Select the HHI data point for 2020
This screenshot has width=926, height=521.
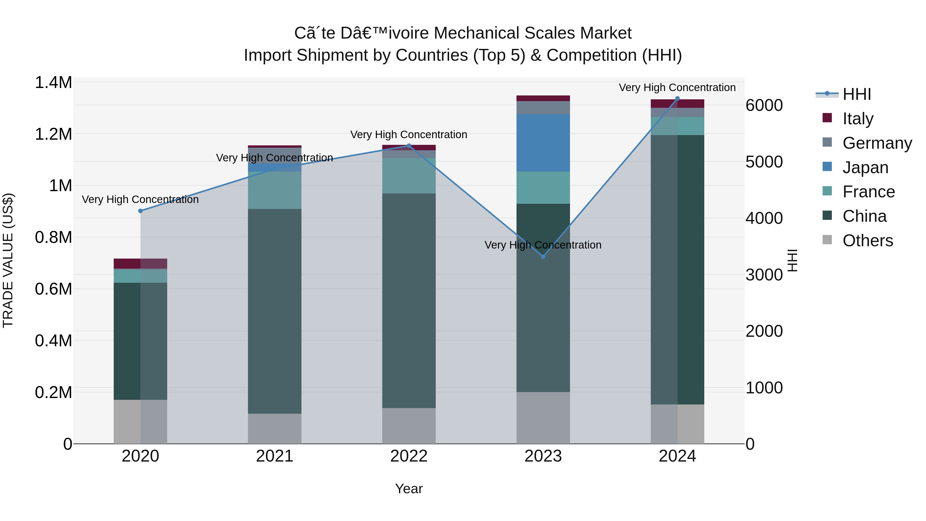[x=140, y=211]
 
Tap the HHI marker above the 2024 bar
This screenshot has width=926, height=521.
[x=678, y=98]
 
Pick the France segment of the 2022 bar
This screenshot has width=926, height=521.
[x=409, y=175]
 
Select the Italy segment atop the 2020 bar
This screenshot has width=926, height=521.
[x=140, y=263]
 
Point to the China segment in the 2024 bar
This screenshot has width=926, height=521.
[x=678, y=270]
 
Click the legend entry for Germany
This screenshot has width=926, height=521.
[x=877, y=143]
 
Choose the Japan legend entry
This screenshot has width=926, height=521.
[x=865, y=167]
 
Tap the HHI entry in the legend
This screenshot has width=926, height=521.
[x=857, y=94]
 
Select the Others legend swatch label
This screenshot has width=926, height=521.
[x=867, y=241]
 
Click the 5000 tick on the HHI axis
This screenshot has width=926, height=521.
[x=764, y=162]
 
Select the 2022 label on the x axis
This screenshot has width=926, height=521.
[x=409, y=456]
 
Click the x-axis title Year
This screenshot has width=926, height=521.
[x=409, y=489]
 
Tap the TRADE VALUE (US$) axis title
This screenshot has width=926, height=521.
[x=8, y=260]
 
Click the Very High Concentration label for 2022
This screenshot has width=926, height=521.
[x=409, y=135]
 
